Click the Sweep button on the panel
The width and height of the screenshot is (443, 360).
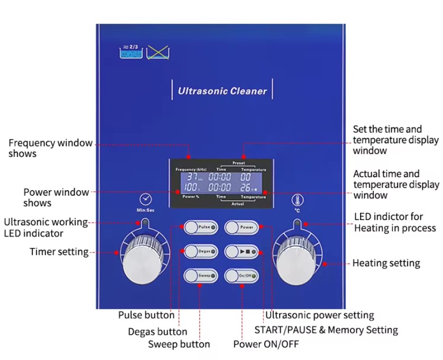(200, 276)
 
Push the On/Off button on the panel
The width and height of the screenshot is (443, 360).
(242, 276)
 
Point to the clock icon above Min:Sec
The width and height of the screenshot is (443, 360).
(145, 199)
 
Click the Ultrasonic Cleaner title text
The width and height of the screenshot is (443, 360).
(222, 91)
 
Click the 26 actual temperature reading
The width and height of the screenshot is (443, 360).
(247, 187)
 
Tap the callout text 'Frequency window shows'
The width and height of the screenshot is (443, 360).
(50, 149)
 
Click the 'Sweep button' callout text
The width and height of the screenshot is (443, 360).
(179, 344)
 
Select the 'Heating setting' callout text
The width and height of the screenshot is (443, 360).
(386, 263)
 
